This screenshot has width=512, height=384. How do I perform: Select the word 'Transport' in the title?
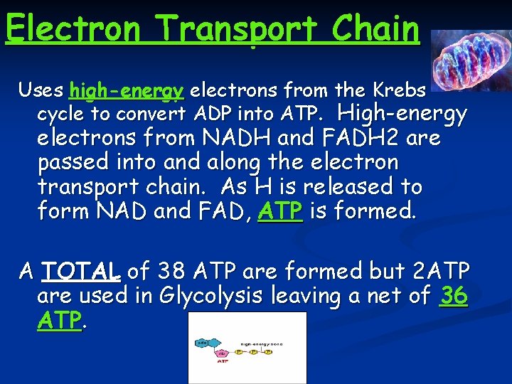click(238, 29)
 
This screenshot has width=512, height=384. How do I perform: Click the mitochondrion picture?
click(470, 60)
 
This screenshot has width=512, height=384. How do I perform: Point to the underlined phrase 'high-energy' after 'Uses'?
click(127, 91)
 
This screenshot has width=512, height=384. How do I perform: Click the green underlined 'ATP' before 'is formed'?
click(281, 211)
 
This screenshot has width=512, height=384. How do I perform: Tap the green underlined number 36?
click(454, 294)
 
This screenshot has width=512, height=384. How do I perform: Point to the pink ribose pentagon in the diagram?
click(222, 353)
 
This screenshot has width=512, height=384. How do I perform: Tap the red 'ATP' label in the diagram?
click(223, 363)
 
